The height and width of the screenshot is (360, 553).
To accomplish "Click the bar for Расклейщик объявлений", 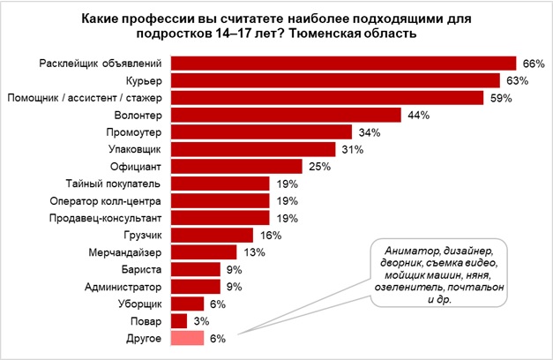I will [342, 64].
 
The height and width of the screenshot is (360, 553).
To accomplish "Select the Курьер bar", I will [335, 80].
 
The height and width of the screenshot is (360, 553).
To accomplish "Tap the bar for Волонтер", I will [286, 115].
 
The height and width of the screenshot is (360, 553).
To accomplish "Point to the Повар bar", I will [178, 320].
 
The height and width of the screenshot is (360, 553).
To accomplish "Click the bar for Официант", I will [236, 166].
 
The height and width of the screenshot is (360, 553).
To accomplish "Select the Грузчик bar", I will [212, 235].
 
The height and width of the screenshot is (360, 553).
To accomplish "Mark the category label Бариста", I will [141, 269].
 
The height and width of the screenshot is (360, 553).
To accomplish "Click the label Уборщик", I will [138, 304].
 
